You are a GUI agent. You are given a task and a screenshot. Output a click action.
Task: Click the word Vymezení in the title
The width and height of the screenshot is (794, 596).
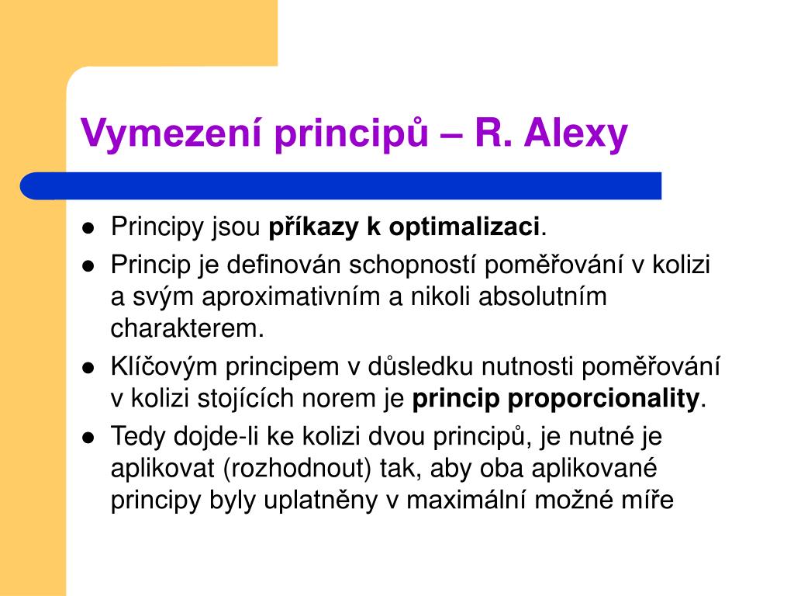pos(171,133)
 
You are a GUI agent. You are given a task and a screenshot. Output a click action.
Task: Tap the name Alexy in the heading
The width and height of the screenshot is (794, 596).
pos(576,134)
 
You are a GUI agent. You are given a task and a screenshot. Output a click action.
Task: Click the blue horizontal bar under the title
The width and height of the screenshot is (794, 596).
pos(341,186)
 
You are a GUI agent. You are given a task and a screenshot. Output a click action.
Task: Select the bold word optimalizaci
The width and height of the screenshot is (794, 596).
pos(464,227)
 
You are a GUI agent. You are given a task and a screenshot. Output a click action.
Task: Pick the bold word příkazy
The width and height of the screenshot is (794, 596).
pos(313,227)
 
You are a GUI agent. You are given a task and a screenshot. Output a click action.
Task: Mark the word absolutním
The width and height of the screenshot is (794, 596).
pos(542,296)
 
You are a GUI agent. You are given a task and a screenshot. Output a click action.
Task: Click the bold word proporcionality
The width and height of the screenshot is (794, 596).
pos(603,399)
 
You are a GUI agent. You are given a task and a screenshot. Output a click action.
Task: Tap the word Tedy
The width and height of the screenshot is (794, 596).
pos(138,437)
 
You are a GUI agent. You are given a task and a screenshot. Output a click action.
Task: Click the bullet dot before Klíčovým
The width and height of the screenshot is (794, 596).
pos(88,368)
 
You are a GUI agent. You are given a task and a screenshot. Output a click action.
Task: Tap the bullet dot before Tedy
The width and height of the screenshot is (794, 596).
pos(88,438)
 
